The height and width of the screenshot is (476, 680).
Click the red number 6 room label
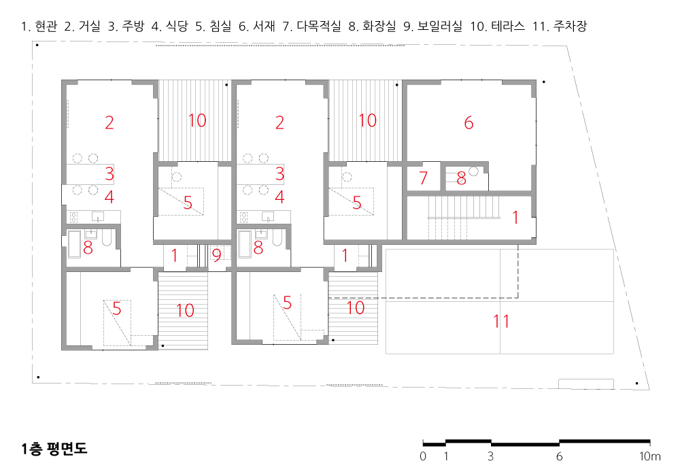pyautogui.click(x=469, y=122)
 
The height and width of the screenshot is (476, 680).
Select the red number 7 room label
pyautogui.click(x=423, y=177)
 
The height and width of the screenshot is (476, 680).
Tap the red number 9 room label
pyautogui.click(x=216, y=256)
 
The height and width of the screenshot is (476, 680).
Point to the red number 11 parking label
pyautogui.click(x=501, y=321)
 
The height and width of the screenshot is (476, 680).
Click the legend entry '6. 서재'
pyautogui.click(x=257, y=26)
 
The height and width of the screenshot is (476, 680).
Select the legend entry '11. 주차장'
pyautogui.click(x=560, y=26)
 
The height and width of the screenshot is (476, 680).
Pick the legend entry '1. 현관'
pyautogui.click(x=39, y=26)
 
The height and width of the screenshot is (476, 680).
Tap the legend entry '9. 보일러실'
pyautogui.click(x=432, y=26)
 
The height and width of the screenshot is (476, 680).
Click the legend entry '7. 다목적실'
pyautogui.click(x=312, y=26)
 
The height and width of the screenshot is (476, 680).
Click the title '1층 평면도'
pyautogui.click(x=54, y=449)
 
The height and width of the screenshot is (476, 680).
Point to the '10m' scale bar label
pyautogui.click(x=649, y=456)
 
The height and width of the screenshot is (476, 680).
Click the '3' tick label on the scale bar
pyautogui.click(x=490, y=456)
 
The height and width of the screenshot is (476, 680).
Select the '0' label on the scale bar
pyautogui.click(x=423, y=456)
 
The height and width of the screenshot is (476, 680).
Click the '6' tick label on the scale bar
pyautogui.click(x=559, y=456)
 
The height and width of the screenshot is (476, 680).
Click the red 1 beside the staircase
pyautogui.click(x=515, y=217)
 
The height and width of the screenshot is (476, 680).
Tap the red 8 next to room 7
pyautogui.click(x=461, y=178)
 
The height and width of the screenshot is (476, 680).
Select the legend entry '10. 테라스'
pyautogui.click(x=498, y=26)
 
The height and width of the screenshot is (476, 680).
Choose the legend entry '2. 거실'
pyautogui.click(x=82, y=26)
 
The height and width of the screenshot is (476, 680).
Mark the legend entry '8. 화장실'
pyautogui.click(x=373, y=26)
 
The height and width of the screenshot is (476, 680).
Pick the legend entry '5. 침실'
pyautogui.click(x=214, y=26)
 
